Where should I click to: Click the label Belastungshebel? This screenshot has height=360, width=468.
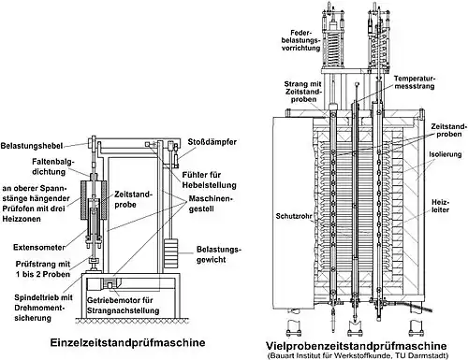click(32, 146)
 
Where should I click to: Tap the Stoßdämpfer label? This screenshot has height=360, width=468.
click(212, 142)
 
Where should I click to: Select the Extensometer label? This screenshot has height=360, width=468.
click(39, 248)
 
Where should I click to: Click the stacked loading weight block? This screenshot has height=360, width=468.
click(170, 253)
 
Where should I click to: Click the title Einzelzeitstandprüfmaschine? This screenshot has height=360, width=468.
click(127, 342)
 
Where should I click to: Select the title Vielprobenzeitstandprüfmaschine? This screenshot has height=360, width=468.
click(356, 346)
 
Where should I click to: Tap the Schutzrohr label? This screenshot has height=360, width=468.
click(294, 216)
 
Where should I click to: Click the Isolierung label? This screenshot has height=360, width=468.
click(446, 154)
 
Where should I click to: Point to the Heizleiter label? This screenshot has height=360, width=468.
click(440, 206)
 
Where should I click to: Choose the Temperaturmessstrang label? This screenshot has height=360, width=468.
click(415, 82)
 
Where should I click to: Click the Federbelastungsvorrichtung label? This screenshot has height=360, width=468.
click(300, 40)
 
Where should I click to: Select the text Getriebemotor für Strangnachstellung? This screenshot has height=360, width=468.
click(123, 306)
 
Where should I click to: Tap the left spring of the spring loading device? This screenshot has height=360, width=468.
click(333, 47)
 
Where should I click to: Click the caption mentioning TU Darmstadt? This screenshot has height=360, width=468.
click(358, 355)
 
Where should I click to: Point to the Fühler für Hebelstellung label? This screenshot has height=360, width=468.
click(209, 180)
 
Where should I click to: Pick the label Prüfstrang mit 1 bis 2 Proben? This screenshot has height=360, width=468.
click(43, 269)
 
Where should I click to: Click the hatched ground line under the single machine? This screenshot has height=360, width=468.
click(132, 320)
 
